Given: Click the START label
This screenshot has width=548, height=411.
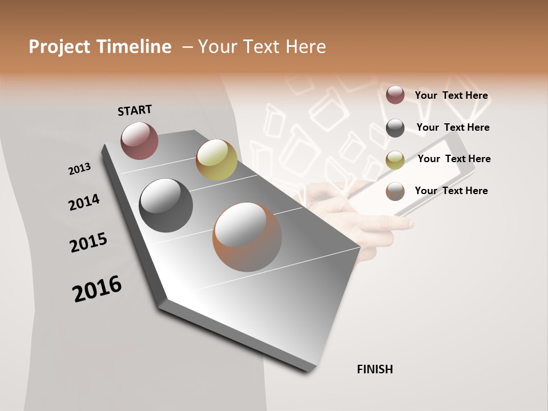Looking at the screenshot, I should [x=135, y=110].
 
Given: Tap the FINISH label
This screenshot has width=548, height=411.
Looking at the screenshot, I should [x=374, y=369].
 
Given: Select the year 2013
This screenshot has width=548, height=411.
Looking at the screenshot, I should [x=80, y=168].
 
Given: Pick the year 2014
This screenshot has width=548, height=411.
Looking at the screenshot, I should [x=84, y=202].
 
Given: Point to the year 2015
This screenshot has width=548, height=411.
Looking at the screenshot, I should [x=88, y=243].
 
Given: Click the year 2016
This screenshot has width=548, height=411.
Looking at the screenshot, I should [x=97, y=289].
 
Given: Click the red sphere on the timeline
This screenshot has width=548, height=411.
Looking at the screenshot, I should [x=139, y=140].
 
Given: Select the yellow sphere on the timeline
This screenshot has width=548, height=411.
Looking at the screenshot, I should [x=216, y=160].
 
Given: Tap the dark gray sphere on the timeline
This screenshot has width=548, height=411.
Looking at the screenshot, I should [x=166, y=205].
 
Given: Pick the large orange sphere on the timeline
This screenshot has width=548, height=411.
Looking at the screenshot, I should [x=247, y=237].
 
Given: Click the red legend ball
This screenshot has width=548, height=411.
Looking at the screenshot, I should [x=395, y=95].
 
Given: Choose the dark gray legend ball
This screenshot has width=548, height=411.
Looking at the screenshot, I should [x=395, y=128].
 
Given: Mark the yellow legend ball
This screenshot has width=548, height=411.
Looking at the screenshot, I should [x=395, y=160].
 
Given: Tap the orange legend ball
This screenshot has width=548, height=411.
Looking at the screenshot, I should [x=395, y=191].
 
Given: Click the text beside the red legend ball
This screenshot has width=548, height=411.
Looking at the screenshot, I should [x=451, y=95].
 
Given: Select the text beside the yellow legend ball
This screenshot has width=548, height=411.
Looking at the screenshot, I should [x=454, y=159].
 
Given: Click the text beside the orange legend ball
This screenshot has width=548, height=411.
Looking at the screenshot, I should [x=451, y=191].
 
